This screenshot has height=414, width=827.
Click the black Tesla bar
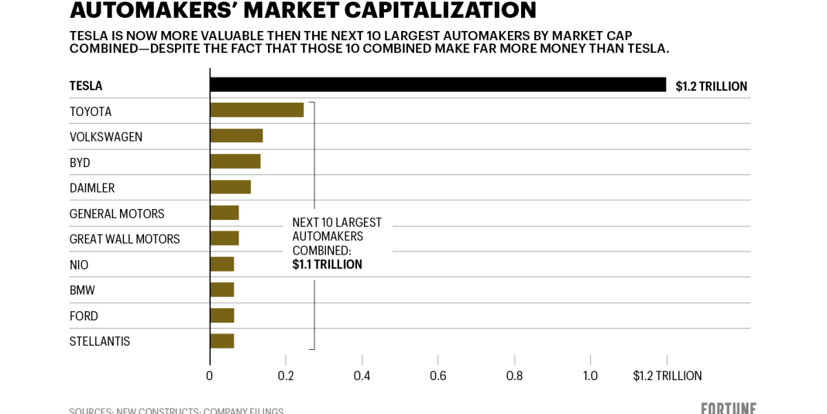click(438, 85)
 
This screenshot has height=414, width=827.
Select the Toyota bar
click(256, 110)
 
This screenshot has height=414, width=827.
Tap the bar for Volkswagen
click(236, 136)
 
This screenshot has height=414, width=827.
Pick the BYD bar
click(235, 161)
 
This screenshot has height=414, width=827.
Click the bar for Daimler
click(230, 187)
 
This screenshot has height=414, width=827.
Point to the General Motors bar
click(224, 213)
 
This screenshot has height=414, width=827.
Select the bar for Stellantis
click(222, 341)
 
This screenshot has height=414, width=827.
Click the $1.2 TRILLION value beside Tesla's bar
click(711, 86)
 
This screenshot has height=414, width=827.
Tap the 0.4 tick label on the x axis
click(362, 376)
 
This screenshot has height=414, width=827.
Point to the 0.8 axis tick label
click(514, 376)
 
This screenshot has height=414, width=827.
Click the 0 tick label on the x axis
click(210, 376)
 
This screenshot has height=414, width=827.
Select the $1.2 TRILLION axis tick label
click(667, 376)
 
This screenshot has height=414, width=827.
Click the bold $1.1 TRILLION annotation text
click(327, 264)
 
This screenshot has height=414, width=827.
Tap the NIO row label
click(79, 265)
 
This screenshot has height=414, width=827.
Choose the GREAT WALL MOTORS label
click(125, 239)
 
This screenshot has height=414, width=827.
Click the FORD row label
click(84, 316)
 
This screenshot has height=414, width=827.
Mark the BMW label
click(83, 290)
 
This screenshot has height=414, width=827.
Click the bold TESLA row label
click(86, 86)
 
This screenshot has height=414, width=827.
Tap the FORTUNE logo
click(728, 408)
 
